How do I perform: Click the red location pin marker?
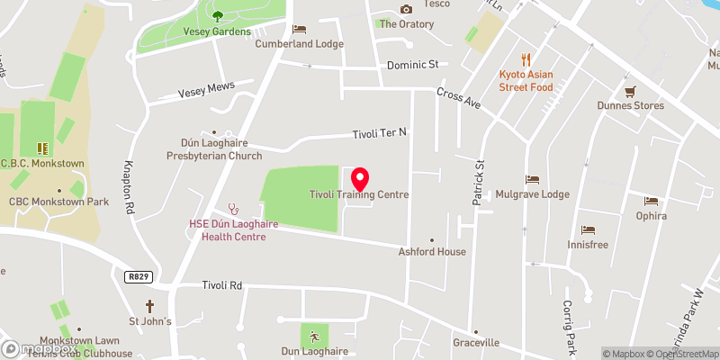(360, 178)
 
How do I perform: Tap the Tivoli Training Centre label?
(359, 194)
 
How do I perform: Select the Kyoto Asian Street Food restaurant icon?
(526, 59)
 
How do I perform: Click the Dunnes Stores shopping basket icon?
(630, 91)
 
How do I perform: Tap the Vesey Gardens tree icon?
(218, 14)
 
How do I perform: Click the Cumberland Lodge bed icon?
(300, 29)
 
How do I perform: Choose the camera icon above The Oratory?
(406, 9)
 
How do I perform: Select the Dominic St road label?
(411, 65)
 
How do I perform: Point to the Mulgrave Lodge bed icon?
(532, 179)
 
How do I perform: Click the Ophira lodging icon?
(651, 201)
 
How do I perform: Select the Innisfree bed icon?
(589, 230)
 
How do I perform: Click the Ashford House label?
(432, 252)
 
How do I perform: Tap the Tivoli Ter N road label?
(379, 133)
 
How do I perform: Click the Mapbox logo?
(40, 348)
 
